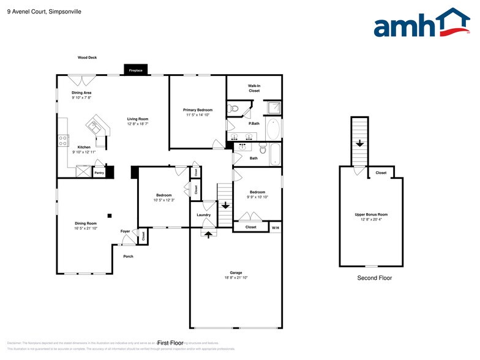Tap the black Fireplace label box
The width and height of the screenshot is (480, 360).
point(135,70)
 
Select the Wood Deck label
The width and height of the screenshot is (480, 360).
point(87,58)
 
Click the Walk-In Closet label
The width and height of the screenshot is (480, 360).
point(253,88)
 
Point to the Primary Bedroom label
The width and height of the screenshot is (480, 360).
point(198,110)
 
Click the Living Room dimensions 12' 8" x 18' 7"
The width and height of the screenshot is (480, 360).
point(138,124)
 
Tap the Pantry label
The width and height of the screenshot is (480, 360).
point(99,173)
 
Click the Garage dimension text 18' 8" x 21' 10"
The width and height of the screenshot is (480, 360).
point(236,277)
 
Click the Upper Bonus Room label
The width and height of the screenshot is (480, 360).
point(371,214)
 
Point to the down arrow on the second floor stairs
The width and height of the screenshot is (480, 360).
point(360,143)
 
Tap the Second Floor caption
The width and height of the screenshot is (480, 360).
point(374,278)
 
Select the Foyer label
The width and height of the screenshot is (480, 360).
point(125,231)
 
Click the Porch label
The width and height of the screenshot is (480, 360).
point(128,256)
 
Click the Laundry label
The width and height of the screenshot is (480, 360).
point(204,215)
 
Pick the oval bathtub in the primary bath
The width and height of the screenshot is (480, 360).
point(274,130)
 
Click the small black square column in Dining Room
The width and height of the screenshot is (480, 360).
point(109,215)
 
